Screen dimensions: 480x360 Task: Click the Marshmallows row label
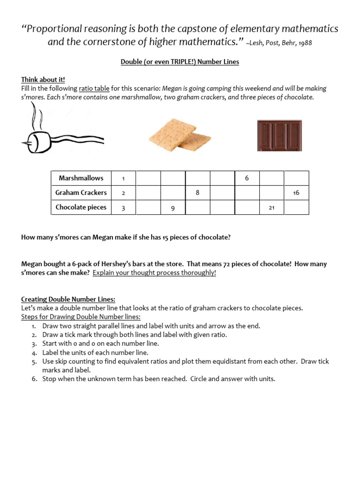(x=81, y=178)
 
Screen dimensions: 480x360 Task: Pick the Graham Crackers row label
(x=81, y=193)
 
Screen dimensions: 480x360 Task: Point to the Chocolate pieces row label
(x=81, y=207)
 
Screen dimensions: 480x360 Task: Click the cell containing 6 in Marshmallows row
(x=247, y=178)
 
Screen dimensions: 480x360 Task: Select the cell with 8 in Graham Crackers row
(x=198, y=193)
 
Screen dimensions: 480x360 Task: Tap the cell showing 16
(x=296, y=193)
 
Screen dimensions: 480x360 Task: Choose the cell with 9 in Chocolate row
(x=173, y=208)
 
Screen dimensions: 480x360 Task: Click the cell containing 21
(x=271, y=208)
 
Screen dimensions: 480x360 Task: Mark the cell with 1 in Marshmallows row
(x=123, y=178)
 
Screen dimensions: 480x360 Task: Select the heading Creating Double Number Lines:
(x=68, y=299)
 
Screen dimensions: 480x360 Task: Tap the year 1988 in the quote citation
(x=303, y=43)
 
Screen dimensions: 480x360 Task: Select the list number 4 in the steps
(x=34, y=352)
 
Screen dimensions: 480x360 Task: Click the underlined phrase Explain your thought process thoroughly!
(x=154, y=273)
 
